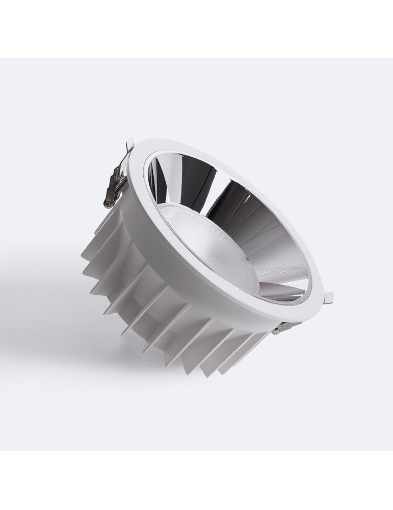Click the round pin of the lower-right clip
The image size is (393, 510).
pos(276,331)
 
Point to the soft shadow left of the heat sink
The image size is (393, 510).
pos(46,286)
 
